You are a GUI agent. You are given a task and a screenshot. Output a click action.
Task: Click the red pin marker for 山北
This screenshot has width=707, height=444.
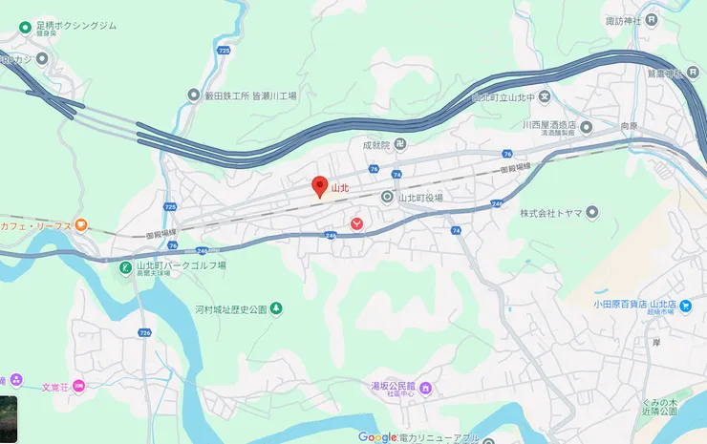click(320, 186)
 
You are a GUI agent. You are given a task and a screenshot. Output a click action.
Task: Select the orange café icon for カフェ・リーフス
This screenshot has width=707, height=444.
click(81, 225)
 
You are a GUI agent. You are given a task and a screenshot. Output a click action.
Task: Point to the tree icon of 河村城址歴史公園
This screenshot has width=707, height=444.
click(276, 308)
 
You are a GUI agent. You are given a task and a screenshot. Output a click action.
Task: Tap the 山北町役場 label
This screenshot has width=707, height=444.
click(420, 198)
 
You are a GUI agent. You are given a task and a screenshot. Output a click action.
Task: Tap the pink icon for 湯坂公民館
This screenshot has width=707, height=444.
click(426, 388)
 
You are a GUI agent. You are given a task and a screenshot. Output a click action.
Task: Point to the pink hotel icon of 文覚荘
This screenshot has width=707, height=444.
click(79, 386)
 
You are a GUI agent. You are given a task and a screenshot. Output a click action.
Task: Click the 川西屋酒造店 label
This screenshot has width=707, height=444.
click(553, 125)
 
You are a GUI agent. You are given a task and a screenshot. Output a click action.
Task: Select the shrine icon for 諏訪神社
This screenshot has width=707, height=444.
click(651, 19)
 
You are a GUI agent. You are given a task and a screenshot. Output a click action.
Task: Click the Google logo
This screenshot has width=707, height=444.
click(377, 437)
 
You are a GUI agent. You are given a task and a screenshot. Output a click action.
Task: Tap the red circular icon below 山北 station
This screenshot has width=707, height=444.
click(356, 222)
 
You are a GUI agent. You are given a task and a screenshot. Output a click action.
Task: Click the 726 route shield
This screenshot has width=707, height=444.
click(145, 332)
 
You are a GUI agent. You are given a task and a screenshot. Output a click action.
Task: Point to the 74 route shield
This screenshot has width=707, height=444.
click(457, 230)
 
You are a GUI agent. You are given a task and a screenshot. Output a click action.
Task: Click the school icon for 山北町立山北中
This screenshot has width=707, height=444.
click(545, 95)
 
